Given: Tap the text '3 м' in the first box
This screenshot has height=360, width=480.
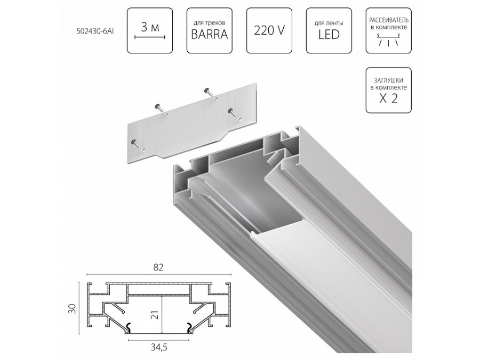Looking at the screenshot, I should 150,25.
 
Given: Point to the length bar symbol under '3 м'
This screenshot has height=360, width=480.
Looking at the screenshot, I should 150,36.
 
